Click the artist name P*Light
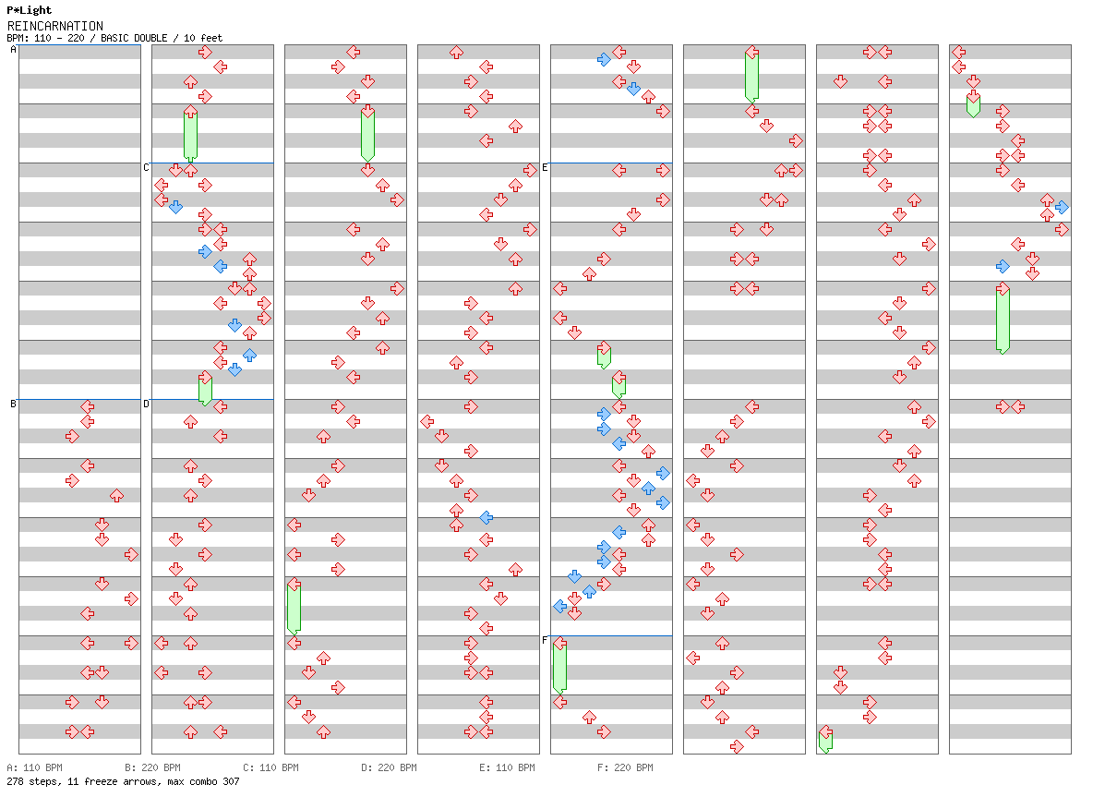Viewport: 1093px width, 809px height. pos(29,11)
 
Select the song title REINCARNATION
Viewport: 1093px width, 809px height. pos(54,26)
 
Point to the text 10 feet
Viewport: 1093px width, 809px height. pos(203,38)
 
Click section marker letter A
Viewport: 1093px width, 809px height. pos(13,50)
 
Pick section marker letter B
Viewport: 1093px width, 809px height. pos(13,404)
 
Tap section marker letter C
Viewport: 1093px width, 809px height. pos(146,167)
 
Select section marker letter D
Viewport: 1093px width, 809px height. pos(146,404)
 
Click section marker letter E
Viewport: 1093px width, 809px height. pos(545,167)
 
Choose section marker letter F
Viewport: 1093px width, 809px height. pos(545,640)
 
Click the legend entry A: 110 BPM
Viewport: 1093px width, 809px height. pos(34,767)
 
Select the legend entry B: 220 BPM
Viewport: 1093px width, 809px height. pos(152,767)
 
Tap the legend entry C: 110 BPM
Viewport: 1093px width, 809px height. pos(270,767)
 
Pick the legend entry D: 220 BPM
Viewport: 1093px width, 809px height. pos(389,767)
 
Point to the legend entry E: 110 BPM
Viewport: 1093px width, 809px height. pos(507,767)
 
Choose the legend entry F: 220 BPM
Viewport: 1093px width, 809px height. pos(625,767)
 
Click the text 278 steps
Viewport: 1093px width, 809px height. pos(29,781)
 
